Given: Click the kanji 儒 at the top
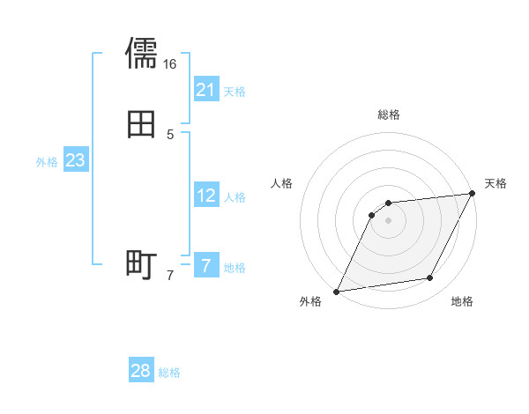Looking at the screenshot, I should coord(141,53).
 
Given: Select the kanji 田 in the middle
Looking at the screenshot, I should coord(141,125).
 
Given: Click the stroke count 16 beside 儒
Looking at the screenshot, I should coord(169,64).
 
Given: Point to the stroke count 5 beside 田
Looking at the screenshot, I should coord(170,135).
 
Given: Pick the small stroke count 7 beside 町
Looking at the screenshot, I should coord(170,276).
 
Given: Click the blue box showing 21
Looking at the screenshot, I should coord(205,90).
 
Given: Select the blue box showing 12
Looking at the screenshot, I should coord(205,196).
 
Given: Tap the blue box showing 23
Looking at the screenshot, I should coord(75,160).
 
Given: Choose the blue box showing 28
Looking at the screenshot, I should coord(140,371).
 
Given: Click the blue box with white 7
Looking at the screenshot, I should coord(205,265).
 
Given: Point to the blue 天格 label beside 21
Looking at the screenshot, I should coord(235,92).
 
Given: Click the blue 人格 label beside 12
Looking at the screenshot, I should coord(235,197).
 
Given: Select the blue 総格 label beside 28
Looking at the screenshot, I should coord(169,373).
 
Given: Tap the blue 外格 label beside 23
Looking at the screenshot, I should coord(47,162).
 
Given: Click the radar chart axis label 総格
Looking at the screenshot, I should coord(388,115).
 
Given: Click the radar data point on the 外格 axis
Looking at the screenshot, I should coord(337,292).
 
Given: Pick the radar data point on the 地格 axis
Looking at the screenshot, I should coord(430,278).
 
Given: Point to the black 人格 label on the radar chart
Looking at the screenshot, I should coord(282,183).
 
